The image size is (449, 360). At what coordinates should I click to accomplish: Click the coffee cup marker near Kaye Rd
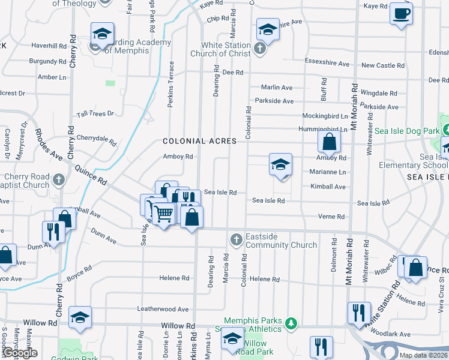[401, 13]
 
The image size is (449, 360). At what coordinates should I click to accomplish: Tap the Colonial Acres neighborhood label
[200, 141]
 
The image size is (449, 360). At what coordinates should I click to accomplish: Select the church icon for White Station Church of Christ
[260, 49]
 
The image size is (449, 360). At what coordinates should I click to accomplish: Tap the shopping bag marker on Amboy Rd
[329, 142]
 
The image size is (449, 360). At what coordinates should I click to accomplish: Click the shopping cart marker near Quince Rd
[163, 214]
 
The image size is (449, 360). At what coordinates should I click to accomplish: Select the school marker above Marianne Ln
[280, 164]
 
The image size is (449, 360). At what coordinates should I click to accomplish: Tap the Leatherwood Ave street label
[163, 309]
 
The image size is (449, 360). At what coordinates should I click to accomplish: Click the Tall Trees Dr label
[95, 114]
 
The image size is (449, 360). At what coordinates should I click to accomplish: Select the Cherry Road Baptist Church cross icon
[58, 179]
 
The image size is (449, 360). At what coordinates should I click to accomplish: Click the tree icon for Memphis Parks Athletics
[291, 324]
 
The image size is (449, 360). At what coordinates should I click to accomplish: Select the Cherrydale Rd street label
[96, 140]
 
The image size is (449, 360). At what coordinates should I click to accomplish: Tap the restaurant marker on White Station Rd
[358, 313]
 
